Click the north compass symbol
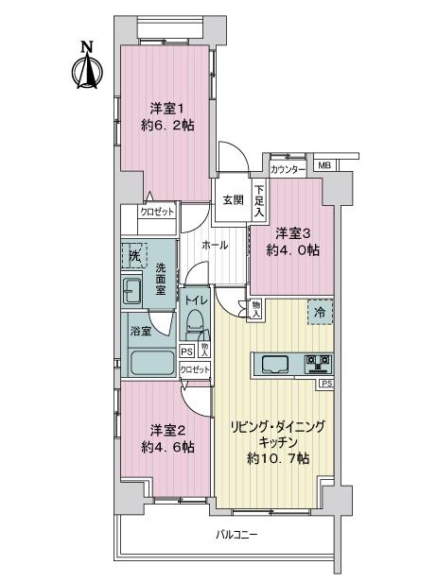87,66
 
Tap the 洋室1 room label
167,109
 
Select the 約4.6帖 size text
167,447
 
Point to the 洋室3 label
293,234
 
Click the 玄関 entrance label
234,200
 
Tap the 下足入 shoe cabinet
259,201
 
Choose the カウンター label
288,170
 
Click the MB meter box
324,165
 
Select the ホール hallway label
215,245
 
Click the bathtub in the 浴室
152,363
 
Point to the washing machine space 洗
134,255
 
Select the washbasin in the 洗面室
131,290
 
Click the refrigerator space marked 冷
320,312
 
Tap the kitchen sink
275,364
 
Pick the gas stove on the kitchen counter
319,364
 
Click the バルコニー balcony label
236,535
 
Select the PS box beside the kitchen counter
326,384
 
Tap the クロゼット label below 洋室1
157,212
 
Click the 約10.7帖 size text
278,459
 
